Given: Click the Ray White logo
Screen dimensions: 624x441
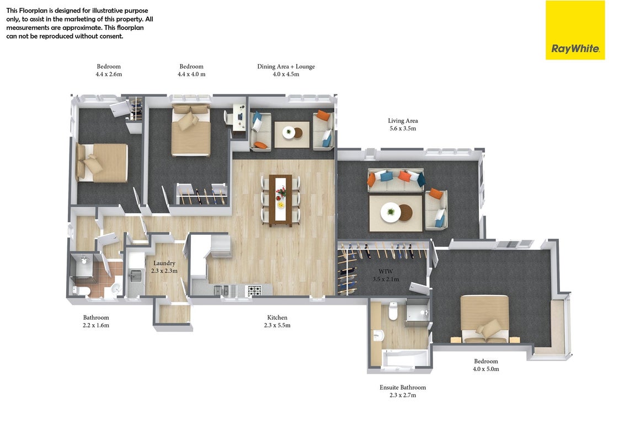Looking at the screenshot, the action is (575, 30).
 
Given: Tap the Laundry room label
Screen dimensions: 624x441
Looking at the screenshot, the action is (164, 267).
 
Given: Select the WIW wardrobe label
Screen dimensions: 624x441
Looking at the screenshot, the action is (386, 275).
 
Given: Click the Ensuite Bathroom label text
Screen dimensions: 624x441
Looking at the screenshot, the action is (403, 391).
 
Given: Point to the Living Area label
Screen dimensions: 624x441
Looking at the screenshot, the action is (403, 124).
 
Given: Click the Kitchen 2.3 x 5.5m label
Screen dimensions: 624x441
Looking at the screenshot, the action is (277, 321).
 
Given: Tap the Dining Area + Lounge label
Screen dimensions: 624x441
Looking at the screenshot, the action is (286, 70).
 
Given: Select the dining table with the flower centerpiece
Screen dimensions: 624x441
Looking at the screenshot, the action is (281, 201).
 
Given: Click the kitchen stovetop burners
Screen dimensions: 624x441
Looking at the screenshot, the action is (255, 291).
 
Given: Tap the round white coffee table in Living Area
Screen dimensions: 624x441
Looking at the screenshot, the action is (391, 212).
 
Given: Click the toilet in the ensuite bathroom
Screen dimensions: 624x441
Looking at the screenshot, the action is (393, 311).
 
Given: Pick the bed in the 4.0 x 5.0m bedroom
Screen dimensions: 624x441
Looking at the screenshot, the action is (485, 319).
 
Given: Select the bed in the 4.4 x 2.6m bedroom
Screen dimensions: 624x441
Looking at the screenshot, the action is (102, 163).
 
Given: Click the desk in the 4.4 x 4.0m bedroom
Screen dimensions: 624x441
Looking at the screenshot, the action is (239, 117).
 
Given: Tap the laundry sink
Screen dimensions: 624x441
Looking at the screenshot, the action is (136, 275).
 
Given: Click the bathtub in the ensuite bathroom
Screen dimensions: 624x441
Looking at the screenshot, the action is (406, 358).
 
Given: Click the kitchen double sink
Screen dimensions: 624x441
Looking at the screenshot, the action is (221, 291).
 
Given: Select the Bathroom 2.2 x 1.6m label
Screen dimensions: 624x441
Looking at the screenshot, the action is (96, 321).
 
